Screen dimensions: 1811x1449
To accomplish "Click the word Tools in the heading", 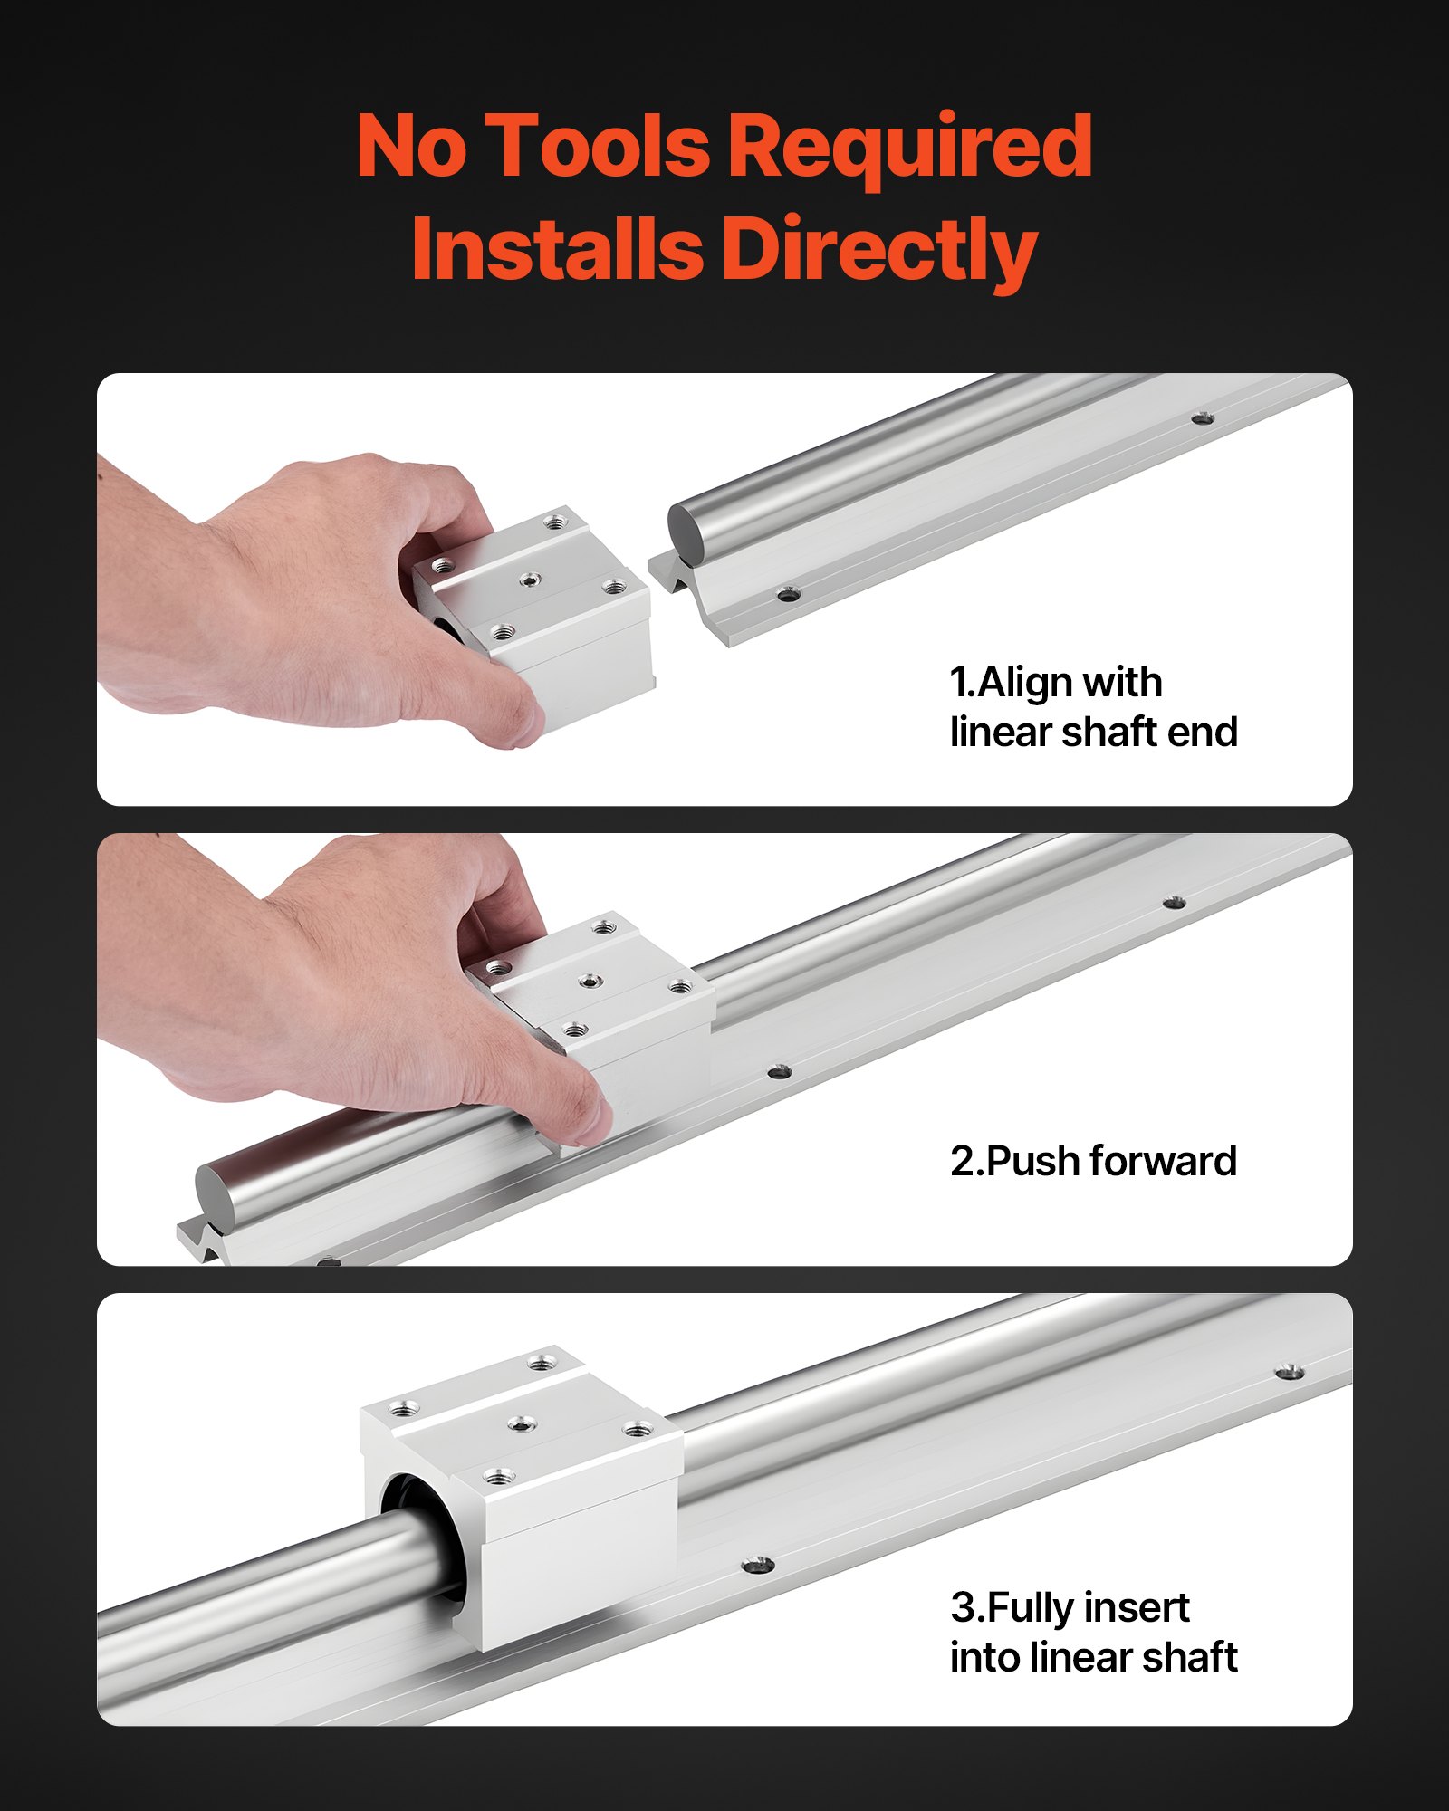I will coord(598,147).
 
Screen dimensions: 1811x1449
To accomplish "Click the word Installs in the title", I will coord(556,250).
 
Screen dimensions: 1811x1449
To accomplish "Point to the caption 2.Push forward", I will coord(1093,1161).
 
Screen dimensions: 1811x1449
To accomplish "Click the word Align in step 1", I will coord(1026,682).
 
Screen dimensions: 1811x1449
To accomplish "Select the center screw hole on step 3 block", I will coord(519,1424).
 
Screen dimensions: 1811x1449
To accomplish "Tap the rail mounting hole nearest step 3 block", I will coord(757,1565).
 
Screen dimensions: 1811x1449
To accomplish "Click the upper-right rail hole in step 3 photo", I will coord(1290,1372).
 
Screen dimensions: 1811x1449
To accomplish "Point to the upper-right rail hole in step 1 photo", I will coord(1202,418).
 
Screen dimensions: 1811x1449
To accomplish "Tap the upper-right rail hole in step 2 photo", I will coord(1174,903).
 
